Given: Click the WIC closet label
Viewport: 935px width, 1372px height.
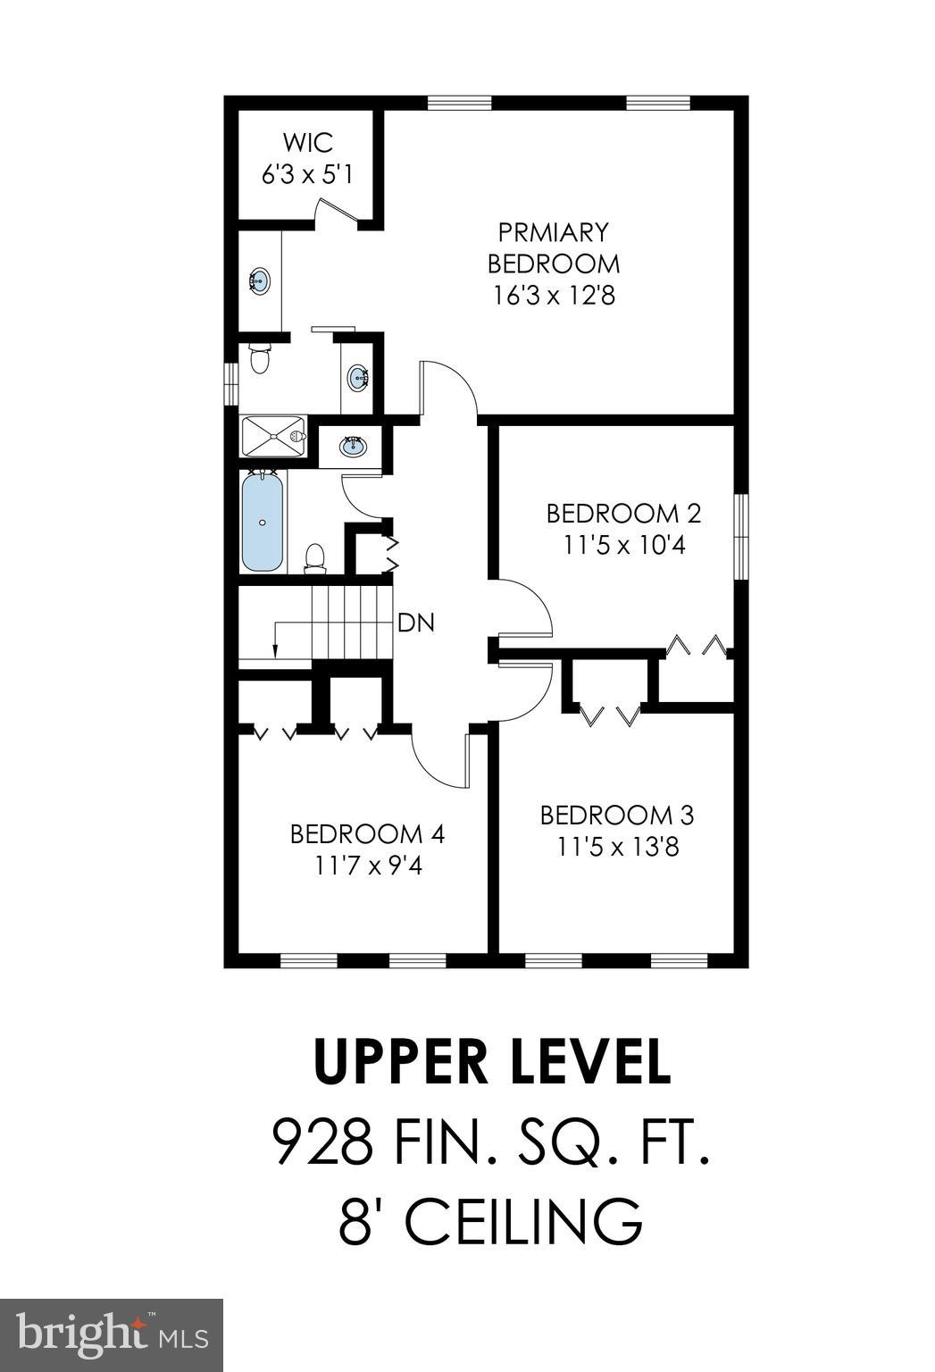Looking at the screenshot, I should click(x=307, y=142).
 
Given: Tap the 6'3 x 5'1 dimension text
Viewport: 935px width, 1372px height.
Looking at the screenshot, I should click(x=307, y=173).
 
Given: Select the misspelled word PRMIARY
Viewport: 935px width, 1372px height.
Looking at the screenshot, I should click(x=553, y=232).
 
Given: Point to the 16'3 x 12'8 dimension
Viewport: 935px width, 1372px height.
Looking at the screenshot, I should click(x=554, y=295).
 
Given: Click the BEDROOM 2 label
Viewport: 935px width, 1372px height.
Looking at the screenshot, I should click(x=623, y=514).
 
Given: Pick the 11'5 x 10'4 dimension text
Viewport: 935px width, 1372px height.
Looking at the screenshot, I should click(x=623, y=545).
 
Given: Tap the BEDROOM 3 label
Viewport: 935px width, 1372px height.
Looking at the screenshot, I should click(x=617, y=815).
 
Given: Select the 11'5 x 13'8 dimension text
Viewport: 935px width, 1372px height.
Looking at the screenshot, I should click(x=618, y=846).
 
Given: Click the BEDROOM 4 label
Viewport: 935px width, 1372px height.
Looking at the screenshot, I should click(x=367, y=833).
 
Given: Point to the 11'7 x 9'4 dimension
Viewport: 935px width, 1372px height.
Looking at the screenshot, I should click(x=367, y=865).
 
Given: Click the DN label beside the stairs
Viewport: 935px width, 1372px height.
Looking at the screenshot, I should click(x=416, y=623).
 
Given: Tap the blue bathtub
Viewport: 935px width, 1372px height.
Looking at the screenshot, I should click(x=263, y=523).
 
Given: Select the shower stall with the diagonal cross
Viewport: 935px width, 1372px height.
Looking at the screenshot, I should click(x=273, y=437).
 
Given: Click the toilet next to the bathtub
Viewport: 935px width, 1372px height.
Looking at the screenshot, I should click(x=314, y=558).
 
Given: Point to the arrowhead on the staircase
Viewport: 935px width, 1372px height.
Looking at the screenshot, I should click(x=276, y=651).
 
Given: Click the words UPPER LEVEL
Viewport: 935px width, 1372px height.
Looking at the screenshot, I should click(x=491, y=1061).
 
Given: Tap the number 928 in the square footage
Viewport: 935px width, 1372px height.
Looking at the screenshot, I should click(x=321, y=1142).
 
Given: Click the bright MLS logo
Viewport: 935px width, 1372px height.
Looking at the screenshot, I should click(x=112, y=1335).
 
